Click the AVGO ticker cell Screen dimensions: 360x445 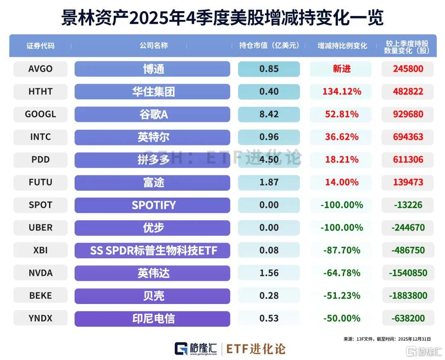pos(40,69)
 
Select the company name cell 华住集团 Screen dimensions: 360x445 pos(152,91)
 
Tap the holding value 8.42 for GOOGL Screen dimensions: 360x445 pos(269,114)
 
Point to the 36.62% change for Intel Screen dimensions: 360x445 pos(341,137)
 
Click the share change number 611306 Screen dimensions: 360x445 pos(408,159)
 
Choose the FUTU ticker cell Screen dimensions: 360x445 pos(40,182)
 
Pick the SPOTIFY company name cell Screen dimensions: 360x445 pos(152,205)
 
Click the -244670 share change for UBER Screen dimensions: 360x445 pos(408,227)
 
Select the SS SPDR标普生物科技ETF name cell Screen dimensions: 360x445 pos(152,250)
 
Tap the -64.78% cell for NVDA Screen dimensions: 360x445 pos(341,273)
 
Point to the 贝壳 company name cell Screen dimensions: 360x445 pos(152,295)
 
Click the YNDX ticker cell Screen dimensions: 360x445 pos(40,318)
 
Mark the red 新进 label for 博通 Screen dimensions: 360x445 pos(341,69)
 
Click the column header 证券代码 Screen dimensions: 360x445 pos(40,46)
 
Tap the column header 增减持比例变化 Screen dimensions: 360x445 pos(342,46)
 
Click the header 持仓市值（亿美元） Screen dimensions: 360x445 pos(269,46)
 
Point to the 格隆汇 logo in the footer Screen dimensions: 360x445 pos(196,349)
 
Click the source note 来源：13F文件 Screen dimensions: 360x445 pos(358,339)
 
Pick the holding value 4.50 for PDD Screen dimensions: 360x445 pos(269,159)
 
